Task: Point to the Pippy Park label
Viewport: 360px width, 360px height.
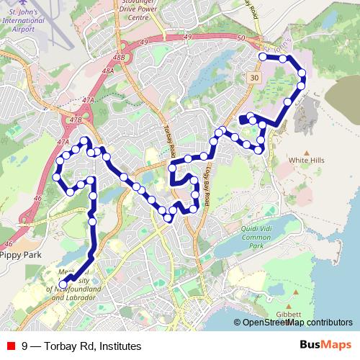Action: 22,255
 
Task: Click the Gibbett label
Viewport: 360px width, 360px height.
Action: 288,314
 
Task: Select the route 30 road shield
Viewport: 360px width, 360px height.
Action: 255,77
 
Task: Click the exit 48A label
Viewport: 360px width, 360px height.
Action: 108,71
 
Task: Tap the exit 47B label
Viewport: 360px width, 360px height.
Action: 76,118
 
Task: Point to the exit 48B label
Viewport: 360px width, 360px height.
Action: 120,55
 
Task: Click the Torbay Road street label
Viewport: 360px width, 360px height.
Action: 170,137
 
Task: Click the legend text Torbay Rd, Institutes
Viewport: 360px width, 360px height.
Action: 81,346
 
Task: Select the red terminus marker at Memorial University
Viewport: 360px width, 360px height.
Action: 63,285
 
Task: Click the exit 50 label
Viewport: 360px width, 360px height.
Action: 241,37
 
